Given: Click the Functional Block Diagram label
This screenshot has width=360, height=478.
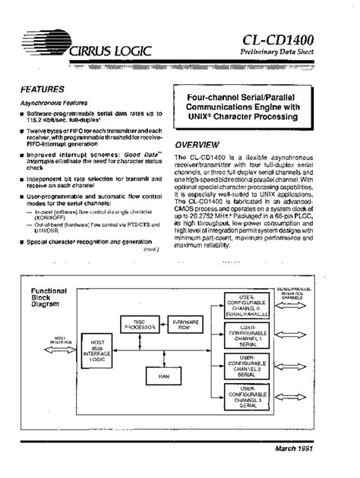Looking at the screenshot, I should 49,297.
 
